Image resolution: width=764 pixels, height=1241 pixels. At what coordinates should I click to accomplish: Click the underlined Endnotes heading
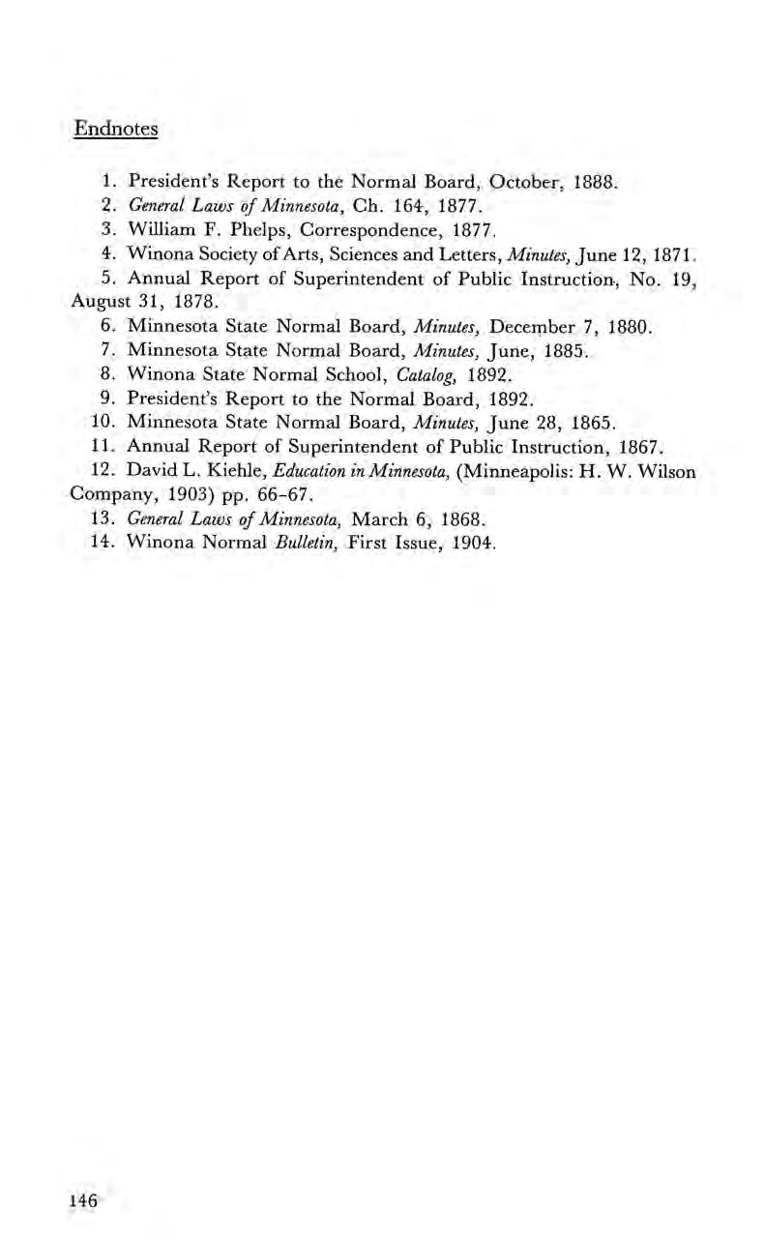point(116,128)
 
